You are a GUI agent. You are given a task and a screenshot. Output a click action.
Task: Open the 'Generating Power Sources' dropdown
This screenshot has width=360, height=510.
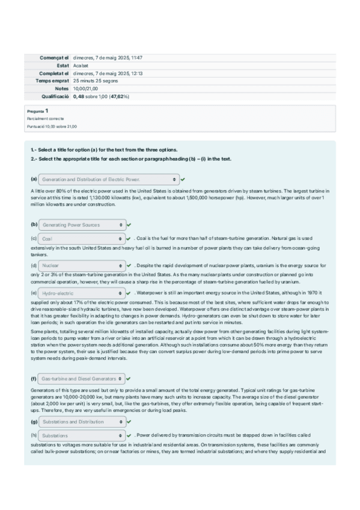tap(82, 225)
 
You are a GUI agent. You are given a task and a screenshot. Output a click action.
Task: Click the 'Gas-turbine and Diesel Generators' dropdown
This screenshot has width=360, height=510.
tap(82, 379)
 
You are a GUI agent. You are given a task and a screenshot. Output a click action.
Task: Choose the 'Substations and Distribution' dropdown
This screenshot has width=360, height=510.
tap(82, 422)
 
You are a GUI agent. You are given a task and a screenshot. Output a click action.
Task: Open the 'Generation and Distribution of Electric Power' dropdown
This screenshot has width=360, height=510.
tap(109, 179)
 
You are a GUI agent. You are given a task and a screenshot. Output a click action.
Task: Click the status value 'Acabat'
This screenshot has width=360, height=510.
tap(81, 66)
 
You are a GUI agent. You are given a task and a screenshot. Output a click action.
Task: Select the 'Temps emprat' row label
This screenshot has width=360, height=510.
tap(52, 81)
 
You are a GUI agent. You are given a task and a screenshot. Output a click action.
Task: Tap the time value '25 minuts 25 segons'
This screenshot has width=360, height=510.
tap(96, 81)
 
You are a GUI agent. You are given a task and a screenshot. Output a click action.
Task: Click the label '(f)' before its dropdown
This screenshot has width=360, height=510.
tap(34, 379)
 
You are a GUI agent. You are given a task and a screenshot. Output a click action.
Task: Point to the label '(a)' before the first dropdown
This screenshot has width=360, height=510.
tap(34, 179)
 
